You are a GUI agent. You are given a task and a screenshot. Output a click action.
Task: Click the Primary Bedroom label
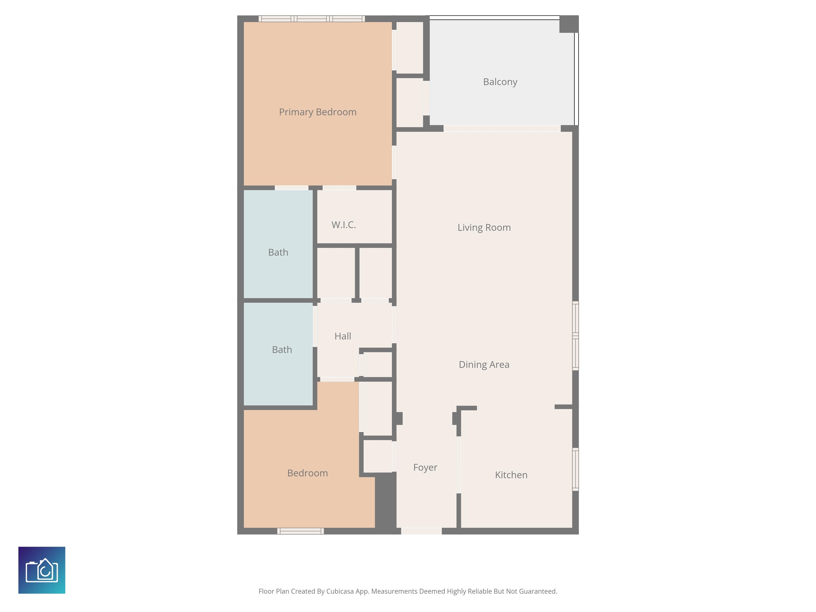(318, 112)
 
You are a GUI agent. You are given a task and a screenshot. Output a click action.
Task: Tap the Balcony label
(500, 82)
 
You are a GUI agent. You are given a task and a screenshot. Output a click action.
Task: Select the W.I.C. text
(344, 225)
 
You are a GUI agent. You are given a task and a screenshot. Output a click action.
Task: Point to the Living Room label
(484, 228)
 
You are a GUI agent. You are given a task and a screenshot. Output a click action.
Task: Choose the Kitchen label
(511, 475)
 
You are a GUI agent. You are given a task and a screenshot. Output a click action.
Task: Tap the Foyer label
(425, 468)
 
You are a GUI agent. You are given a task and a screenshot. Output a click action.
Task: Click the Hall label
(343, 336)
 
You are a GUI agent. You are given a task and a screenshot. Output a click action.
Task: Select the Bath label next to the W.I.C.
(278, 252)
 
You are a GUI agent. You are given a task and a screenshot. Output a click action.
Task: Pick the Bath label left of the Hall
(282, 350)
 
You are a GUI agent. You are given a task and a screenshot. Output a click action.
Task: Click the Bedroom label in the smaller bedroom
(308, 473)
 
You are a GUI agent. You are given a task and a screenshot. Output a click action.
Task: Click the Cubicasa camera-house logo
(42, 570)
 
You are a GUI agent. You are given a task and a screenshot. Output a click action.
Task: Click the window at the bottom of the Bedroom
(301, 531)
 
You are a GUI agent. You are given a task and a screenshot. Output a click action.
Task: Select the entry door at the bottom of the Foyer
(421, 531)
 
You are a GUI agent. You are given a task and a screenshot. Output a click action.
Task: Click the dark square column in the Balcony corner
(569, 24)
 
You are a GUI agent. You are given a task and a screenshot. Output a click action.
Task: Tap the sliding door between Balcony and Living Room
(502, 128)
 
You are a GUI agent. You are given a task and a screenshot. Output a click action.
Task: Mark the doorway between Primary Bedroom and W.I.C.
(339, 188)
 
